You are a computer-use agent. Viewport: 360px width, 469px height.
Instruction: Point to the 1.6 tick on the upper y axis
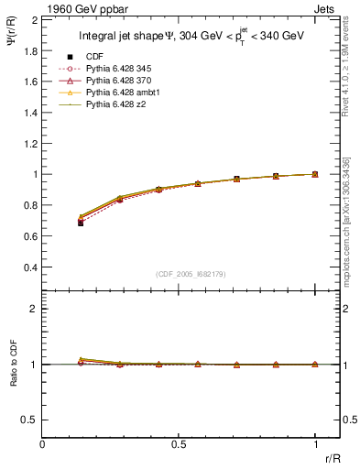point(32,81)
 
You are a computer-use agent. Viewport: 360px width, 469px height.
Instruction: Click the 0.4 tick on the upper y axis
point(32,267)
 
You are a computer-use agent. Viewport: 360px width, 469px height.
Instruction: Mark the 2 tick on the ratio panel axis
point(36,309)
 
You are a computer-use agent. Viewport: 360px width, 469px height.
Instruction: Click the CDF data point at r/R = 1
point(315,174)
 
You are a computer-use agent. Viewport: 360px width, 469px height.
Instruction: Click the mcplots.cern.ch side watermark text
point(347,220)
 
